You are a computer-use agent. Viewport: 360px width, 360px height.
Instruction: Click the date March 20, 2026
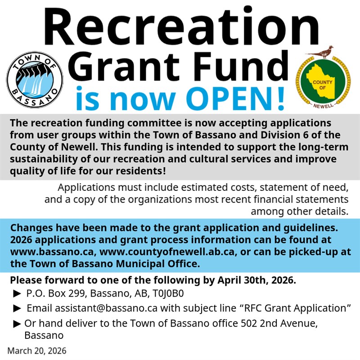(37, 351)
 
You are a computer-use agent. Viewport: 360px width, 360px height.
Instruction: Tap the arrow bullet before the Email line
(18, 308)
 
